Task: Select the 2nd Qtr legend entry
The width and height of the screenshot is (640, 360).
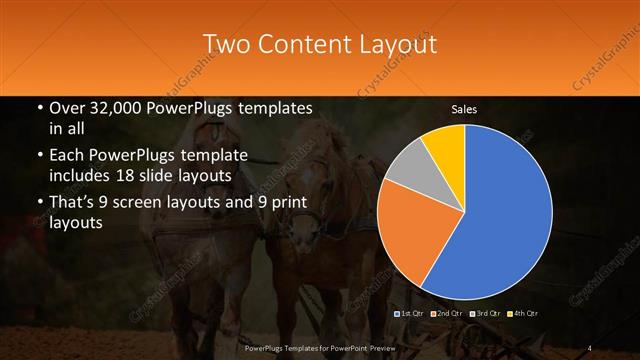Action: coord(447,314)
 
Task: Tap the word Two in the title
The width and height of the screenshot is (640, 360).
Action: coord(229,45)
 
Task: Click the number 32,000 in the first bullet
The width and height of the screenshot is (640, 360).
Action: coord(112,108)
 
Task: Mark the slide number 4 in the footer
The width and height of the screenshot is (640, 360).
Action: coord(590,347)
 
